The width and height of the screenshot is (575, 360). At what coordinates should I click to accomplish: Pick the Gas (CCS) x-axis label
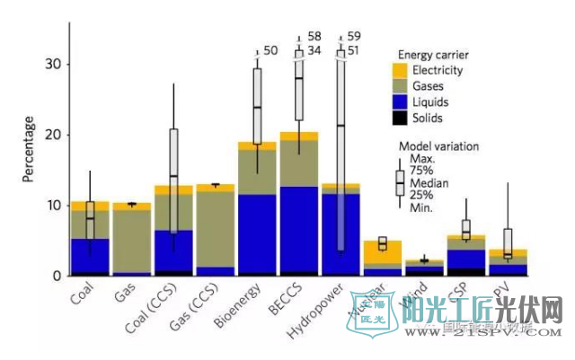click(x=204, y=305)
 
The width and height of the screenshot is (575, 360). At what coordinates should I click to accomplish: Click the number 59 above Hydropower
click(x=355, y=37)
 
